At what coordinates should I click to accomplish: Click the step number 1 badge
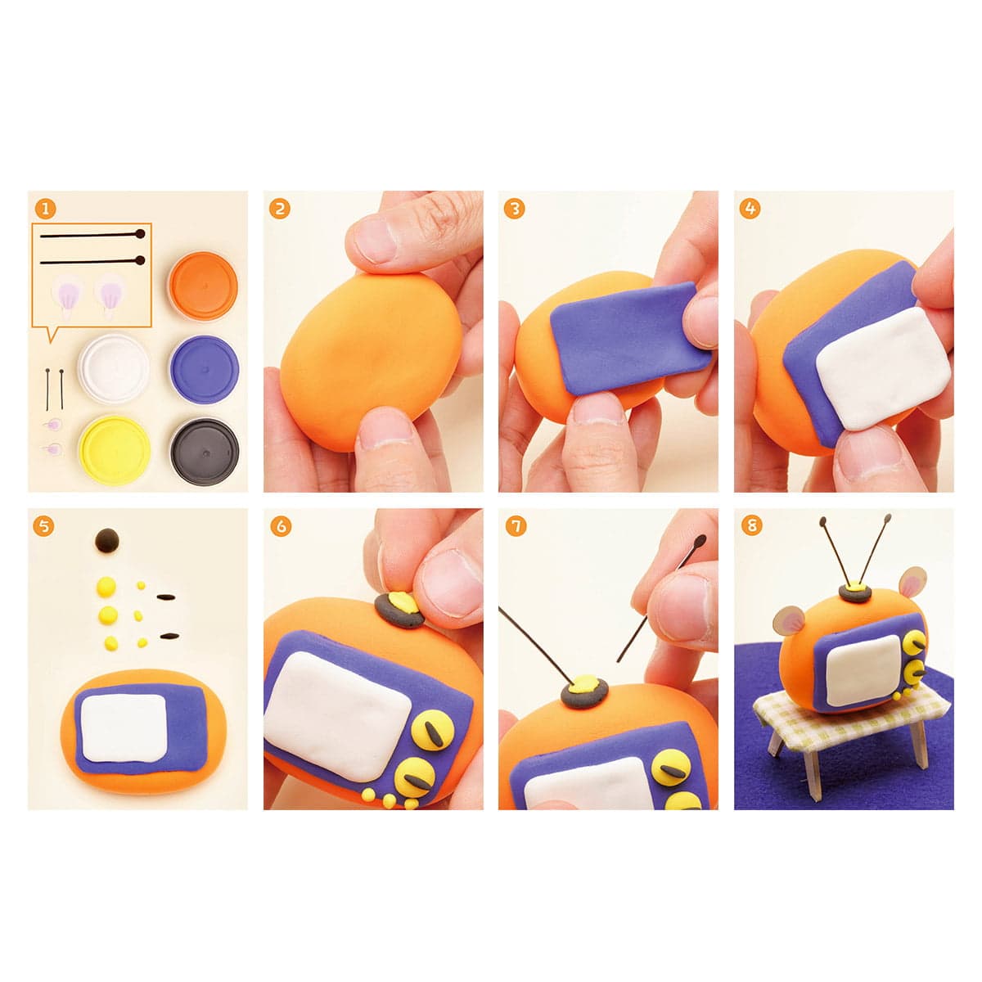45,209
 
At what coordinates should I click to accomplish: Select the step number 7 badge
516,526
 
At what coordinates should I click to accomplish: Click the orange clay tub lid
203,285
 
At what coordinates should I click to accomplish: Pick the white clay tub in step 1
114,367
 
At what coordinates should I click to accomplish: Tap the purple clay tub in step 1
204,369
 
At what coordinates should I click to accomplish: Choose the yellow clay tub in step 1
114,450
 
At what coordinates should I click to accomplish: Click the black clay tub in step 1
205,452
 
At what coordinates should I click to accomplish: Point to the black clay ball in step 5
107,540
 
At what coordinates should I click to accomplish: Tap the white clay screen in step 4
883,367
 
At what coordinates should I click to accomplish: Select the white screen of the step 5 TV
124,727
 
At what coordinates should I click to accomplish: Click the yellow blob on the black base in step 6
403,603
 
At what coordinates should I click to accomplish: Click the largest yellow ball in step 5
106,587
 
